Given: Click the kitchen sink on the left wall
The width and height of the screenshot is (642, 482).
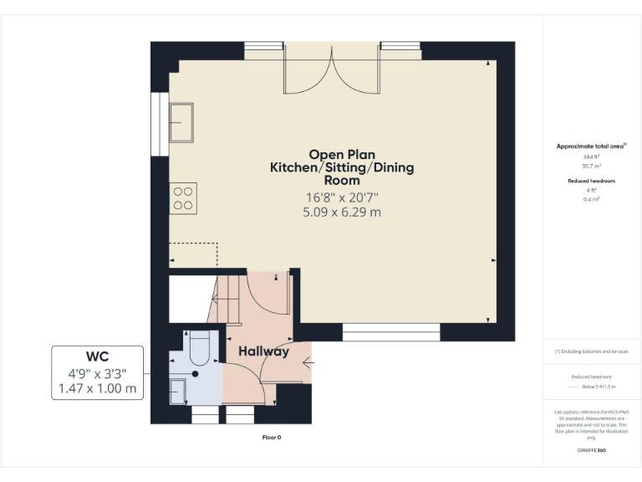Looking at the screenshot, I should tap(181, 123).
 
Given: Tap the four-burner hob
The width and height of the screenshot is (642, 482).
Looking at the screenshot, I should tap(182, 197).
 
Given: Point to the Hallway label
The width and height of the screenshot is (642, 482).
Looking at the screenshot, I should tap(263, 351).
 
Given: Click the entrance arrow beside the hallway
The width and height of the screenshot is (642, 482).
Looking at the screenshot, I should tap(308, 362).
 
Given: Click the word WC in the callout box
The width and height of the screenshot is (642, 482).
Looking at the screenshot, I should tap(97, 357).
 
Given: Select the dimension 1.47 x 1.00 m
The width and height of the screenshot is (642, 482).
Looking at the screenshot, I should tap(97, 388).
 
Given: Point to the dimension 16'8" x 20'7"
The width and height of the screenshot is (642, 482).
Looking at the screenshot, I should tap(341, 198).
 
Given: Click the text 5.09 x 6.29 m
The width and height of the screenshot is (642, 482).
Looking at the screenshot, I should tap(341, 213).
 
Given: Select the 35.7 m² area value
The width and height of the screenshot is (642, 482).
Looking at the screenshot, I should tap(592, 166).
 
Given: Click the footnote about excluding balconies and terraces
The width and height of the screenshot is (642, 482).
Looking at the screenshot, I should tap(592, 351).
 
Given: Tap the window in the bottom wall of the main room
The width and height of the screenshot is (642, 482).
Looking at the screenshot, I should tap(391, 336).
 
